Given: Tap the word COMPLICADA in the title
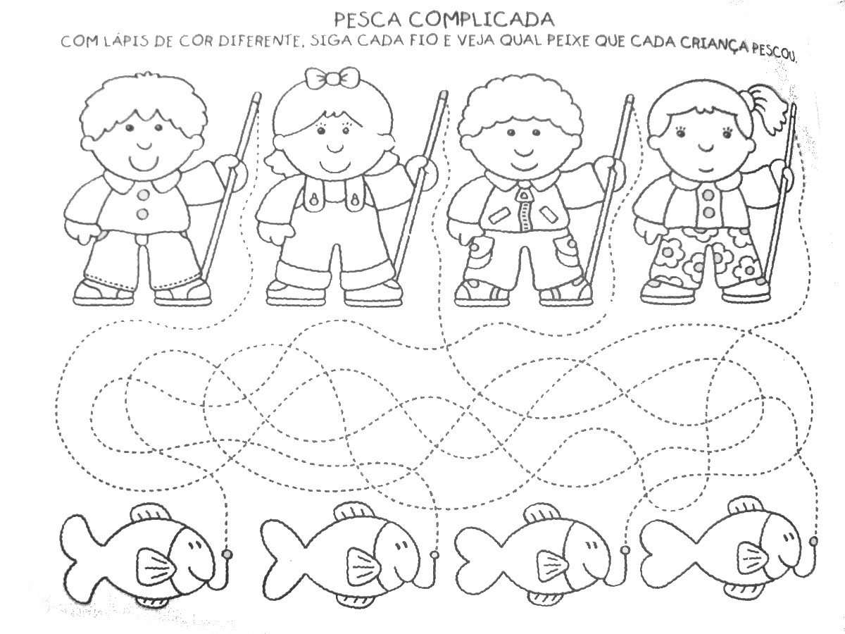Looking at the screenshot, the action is [x=480, y=20].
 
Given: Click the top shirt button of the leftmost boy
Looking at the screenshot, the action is [x=143, y=196].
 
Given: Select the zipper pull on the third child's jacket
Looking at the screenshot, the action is [x=524, y=197].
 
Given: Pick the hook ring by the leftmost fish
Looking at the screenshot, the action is [x=227, y=554].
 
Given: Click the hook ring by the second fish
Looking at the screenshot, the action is [x=434, y=554].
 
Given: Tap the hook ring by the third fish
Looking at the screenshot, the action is [x=625, y=549].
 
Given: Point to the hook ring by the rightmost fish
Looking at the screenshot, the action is [x=813, y=542].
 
